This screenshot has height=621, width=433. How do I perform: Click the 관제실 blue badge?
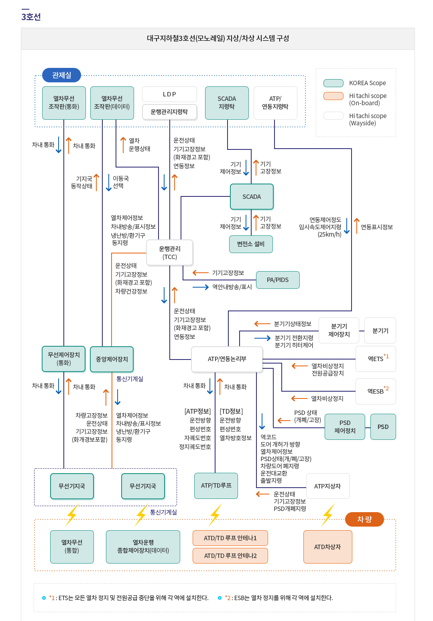click(61, 75)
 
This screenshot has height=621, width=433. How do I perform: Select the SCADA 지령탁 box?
click(227, 103)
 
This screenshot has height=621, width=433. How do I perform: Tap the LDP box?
click(169, 94)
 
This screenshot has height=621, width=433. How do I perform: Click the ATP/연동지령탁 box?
click(275, 103)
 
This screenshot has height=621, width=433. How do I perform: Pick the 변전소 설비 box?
click(251, 244)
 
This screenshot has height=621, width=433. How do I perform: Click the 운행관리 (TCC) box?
click(170, 253)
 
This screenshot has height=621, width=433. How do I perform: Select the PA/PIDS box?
click(278, 280)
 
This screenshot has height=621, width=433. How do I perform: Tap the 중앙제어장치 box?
click(112, 359)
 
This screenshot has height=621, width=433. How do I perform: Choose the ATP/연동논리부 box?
click(227, 359)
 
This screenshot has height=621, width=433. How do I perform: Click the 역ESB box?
click(376, 391)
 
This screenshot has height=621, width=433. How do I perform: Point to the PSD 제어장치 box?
click(345, 427)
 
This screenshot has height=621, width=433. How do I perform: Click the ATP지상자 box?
click(327, 486)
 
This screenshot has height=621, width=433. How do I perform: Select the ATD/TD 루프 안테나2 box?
click(230, 556)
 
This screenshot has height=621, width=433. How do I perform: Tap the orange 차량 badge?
click(364, 519)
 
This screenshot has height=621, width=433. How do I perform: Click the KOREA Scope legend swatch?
click(333, 83)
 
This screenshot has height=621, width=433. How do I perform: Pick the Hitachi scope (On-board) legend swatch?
click(333, 96)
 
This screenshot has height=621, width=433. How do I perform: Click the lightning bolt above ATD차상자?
click(328, 514)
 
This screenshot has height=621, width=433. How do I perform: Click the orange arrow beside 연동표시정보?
click(356, 226)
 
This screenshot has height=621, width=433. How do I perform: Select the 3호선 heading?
click(31, 17)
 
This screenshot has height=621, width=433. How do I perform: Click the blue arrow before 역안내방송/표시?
click(201, 287)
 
